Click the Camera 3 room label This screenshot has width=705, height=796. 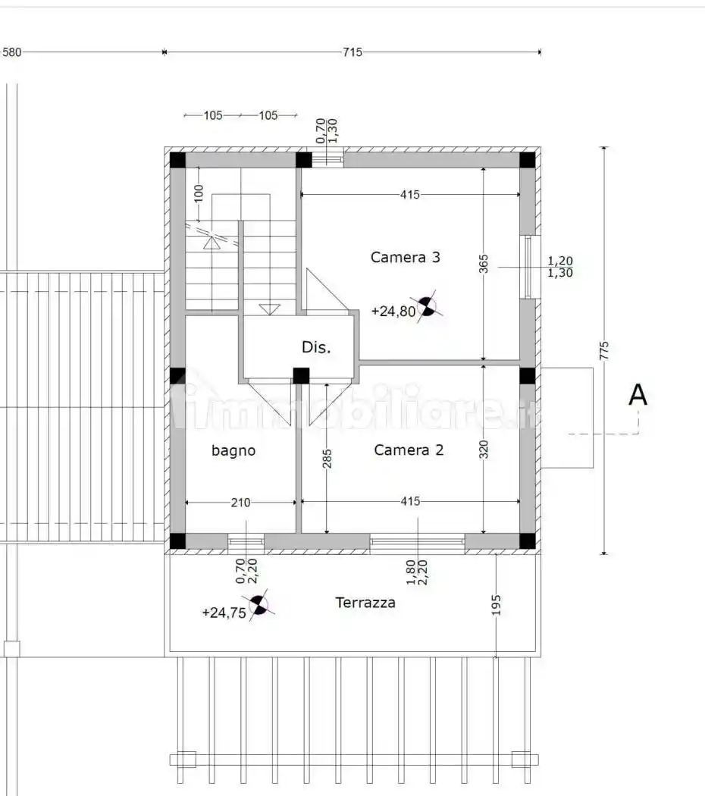[x=405, y=258]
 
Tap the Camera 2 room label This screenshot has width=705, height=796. [x=409, y=450]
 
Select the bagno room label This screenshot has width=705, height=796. [x=233, y=451]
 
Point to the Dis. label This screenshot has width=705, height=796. [x=315, y=347]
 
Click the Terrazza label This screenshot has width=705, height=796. [x=365, y=603]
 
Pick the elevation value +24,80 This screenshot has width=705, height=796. [x=393, y=311]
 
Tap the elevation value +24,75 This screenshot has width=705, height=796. [x=224, y=613]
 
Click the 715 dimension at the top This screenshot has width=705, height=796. [x=352, y=52]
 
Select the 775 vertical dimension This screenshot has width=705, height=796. [x=604, y=351]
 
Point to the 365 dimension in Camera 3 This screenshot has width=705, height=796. [x=483, y=264]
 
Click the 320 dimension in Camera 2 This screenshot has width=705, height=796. [x=483, y=450]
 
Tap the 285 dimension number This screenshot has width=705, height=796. [x=327, y=459]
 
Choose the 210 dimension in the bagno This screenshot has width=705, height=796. [x=240, y=503]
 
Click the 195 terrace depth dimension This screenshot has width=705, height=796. [x=497, y=605]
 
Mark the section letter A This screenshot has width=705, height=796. [x=638, y=395]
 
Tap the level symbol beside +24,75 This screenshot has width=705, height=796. [x=258, y=605]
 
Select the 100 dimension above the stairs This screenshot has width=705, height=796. [x=199, y=193]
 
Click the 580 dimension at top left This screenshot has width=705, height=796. [x=12, y=52]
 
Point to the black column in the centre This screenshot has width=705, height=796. [x=301, y=376]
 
